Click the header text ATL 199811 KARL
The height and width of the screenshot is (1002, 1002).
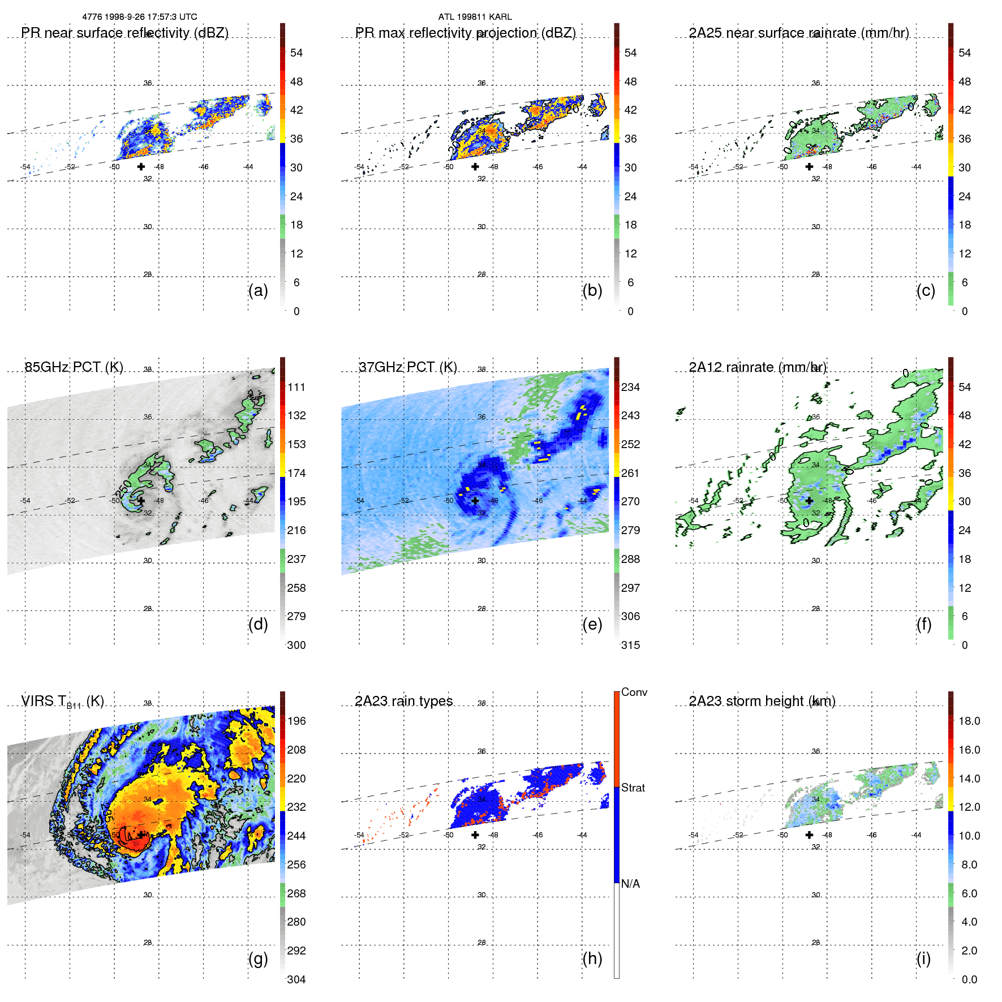pos(475,17)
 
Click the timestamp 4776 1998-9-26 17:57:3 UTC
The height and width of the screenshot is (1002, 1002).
pos(139,17)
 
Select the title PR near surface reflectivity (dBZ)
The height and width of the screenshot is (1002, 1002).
pos(124,33)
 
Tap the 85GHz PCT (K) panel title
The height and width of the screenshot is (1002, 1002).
pos(74,367)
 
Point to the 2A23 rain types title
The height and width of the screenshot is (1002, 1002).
pos(403,701)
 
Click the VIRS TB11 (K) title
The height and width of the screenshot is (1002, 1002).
pos(62,702)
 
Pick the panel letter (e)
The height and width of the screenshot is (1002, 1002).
pos(592,624)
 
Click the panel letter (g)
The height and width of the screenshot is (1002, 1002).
pos(258,958)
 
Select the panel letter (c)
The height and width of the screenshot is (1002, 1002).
pos(926,290)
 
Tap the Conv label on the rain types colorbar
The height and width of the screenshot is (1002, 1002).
pos(634,692)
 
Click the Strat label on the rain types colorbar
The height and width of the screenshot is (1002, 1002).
pos(633,788)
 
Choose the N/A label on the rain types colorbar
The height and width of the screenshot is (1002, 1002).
pos(630,884)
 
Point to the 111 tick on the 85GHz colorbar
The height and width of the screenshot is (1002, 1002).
pos(296,387)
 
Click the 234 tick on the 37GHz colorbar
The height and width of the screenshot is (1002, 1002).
pos(630,387)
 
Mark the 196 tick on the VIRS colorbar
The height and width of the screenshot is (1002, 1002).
pos(296,721)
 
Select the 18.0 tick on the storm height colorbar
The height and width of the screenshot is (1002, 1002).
pos(969,721)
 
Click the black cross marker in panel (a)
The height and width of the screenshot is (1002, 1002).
pos(141,166)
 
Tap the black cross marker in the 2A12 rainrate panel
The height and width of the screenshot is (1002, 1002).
pos(809,501)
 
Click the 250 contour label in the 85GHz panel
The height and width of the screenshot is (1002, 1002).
pos(124,488)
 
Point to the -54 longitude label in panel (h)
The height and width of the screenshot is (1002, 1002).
pos(359,835)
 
